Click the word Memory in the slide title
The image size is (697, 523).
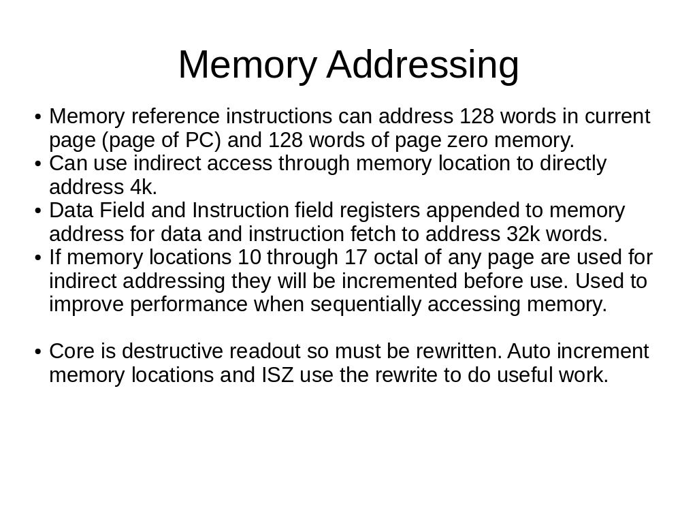[247, 65]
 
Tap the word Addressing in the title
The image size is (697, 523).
[423, 65]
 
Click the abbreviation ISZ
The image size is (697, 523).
[278, 375]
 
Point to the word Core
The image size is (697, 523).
[71, 351]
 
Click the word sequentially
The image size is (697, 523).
[366, 305]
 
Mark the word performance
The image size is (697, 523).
[189, 305]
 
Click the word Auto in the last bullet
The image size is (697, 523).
[528, 351]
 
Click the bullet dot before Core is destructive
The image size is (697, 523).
[38, 352]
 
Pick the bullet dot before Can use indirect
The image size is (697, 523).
[38, 163]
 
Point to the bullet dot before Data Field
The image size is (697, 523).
[38, 211]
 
